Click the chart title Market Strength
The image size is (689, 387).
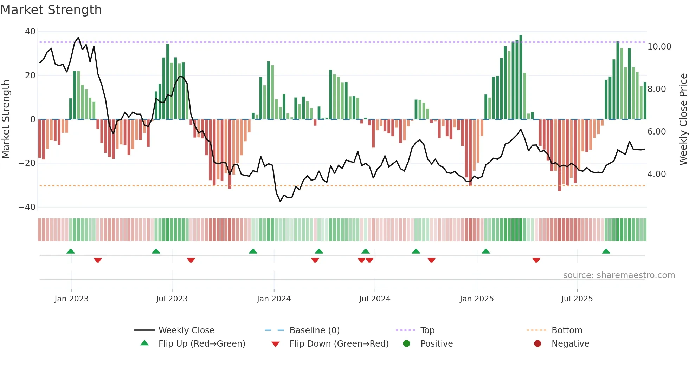tap(51, 10)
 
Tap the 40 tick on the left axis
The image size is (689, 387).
tap(30, 32)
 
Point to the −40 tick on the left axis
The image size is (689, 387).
tap(27, 207)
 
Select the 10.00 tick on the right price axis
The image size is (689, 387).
tap(659, 47)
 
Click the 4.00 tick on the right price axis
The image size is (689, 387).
tap(656, 174)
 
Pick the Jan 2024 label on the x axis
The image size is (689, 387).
tap(273, 299)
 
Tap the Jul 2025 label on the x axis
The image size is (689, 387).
tap(577, 299)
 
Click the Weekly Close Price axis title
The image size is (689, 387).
tap(683, 119)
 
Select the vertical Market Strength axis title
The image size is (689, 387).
tap(6, 119)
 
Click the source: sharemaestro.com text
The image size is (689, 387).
tap(619, 275)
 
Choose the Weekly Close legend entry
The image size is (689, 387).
tap(186, 330)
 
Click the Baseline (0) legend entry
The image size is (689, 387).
tap(314, 330)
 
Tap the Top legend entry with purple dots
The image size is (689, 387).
tap(427, 330)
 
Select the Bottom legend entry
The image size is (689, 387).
tap(567, 330)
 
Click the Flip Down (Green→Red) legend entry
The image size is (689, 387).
tap(339, 344)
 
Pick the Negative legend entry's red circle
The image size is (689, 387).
tap(537, 344)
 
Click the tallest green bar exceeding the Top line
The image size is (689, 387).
tap(521, 77)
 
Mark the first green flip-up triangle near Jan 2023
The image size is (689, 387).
tap(71, 251)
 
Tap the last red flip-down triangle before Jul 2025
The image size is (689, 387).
tap(536, 260)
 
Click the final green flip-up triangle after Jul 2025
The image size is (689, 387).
tap(606, 251)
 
